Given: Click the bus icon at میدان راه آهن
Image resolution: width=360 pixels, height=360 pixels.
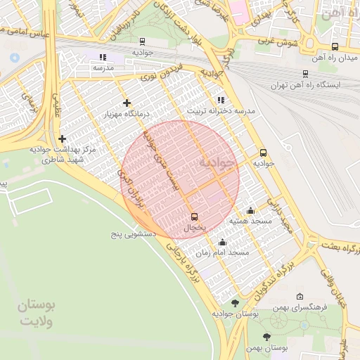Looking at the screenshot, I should pos(335,47).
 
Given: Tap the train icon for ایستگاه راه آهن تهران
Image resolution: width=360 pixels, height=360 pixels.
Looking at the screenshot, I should pos(305,73).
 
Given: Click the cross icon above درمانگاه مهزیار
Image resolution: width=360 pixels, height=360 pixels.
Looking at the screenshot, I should pos(127,103).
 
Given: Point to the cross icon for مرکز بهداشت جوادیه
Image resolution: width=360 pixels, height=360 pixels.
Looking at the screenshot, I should pos(63,139).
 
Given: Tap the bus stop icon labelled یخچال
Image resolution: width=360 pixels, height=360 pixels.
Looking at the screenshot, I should pos(195,217).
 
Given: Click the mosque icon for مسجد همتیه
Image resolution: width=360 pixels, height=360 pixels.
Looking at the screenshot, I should pos(250,210).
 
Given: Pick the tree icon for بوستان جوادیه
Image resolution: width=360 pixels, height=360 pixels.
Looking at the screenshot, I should pos(235,303).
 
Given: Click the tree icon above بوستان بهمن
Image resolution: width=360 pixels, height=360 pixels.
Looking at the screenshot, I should pos(266,337).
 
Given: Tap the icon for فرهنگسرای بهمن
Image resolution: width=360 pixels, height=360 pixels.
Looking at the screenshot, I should pos(301,296).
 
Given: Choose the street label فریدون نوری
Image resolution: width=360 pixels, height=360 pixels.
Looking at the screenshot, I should pos(166,72).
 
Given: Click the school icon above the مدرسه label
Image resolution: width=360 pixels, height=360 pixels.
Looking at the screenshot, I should pos(103,57).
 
